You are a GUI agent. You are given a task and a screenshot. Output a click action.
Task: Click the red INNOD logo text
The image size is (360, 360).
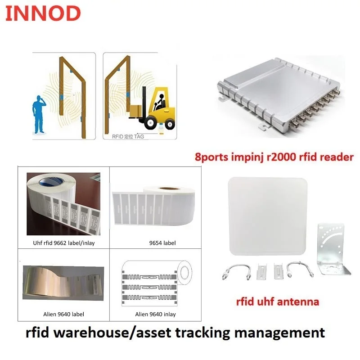click(x=43, y=13)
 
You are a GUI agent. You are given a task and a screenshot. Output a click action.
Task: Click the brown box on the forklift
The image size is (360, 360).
click(x=135, y=110)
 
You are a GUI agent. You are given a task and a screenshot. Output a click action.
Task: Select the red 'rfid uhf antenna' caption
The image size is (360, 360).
click(x=278, y=301)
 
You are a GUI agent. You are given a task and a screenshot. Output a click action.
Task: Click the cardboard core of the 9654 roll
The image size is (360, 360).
click(x=169, y=189)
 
